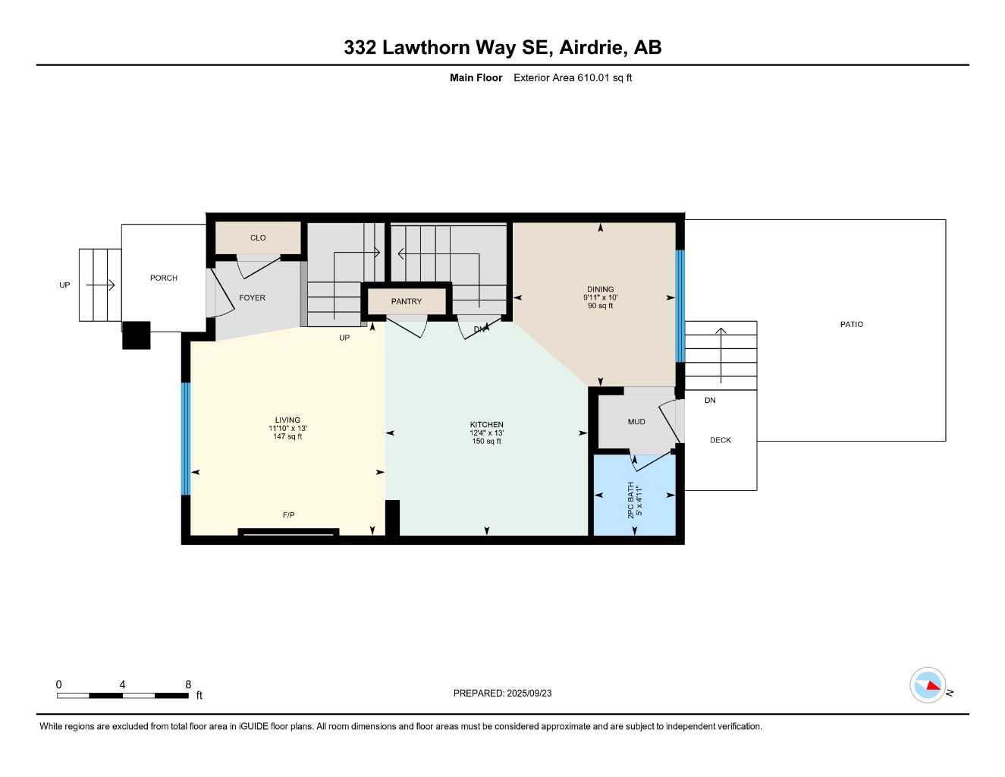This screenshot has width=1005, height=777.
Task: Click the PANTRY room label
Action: [407, 301]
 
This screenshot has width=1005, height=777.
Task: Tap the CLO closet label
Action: [258, 238]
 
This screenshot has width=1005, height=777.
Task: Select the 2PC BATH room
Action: [634, 496]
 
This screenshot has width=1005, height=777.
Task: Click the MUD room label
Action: [636, 421]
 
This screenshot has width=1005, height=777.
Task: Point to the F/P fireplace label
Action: [288, 515]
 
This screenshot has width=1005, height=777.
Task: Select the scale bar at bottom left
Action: [123, 695]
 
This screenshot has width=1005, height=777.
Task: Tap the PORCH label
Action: [164, 278]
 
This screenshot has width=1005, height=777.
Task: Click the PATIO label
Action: [851, 324]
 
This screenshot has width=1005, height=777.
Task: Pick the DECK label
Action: [720, 440]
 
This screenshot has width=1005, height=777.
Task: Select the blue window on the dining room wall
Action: [680, 306]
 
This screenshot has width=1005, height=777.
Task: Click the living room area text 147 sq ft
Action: [287, 436]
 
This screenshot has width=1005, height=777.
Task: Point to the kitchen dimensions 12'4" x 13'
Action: [486, 433]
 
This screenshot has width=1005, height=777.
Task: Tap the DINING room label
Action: [600, 289]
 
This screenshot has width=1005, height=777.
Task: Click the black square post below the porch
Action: [137, 335]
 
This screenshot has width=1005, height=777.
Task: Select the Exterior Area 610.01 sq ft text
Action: [573, 77]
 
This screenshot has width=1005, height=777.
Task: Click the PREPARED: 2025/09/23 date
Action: [502, 693]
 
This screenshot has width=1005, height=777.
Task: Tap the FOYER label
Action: [252, 297]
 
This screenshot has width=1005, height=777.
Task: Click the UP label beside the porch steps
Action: [64, 285]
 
